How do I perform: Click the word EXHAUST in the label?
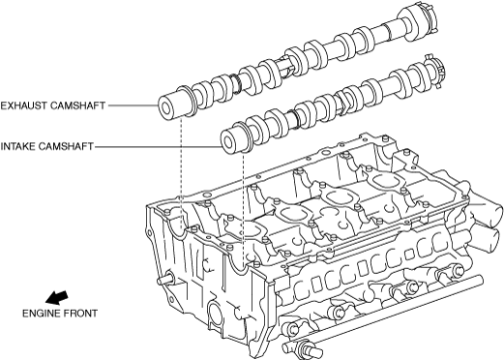click(23, 105)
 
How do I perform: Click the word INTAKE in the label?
click(17, 146)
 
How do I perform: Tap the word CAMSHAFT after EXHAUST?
click(77, 105)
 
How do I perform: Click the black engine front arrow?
click(57, 297)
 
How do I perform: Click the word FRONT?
click(80, 314)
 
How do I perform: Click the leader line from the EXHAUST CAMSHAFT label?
click(133, 105)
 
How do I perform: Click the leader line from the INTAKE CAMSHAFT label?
click(158, 147)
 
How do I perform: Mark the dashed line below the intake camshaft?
click(242, 206)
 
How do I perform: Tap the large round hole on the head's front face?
click(216, 313)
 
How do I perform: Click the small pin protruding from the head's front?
click(165, 280)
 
